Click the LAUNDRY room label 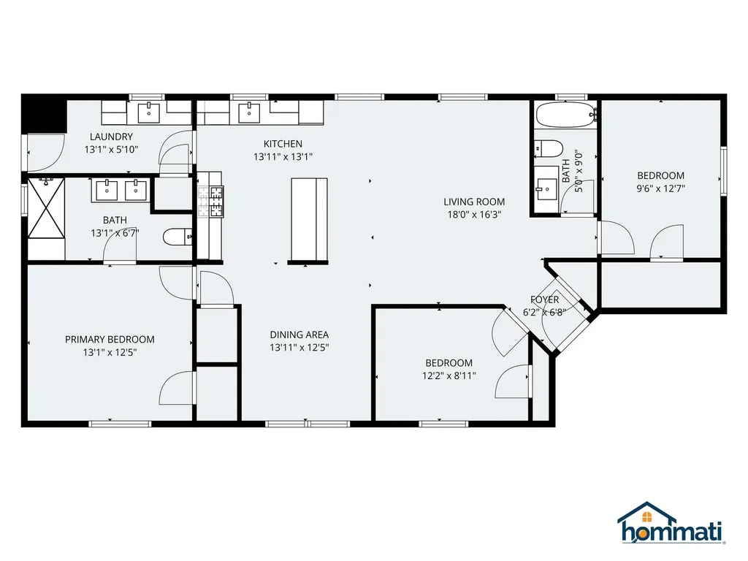pos(111,137)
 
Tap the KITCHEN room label pos(283,144)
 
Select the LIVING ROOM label pos(474,202)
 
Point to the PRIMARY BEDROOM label pos(110,339)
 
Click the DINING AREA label pos(299,335)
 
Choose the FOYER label pos(544,299)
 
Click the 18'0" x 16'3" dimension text pos(474,214)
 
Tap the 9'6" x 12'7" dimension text pos(660,188)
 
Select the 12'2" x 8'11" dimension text pos(449,375)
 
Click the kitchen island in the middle pos(308,218)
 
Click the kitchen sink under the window pos(250,112)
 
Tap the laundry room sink pos(149,112)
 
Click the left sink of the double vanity pos(107,189)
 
